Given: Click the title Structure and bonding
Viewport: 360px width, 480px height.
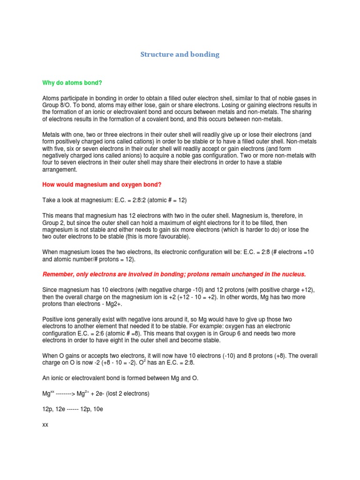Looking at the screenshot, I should coord(180,54).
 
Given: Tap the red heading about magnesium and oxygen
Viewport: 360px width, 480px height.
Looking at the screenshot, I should coord(102,184).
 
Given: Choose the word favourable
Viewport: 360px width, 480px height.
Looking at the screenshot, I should coord(170,237).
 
